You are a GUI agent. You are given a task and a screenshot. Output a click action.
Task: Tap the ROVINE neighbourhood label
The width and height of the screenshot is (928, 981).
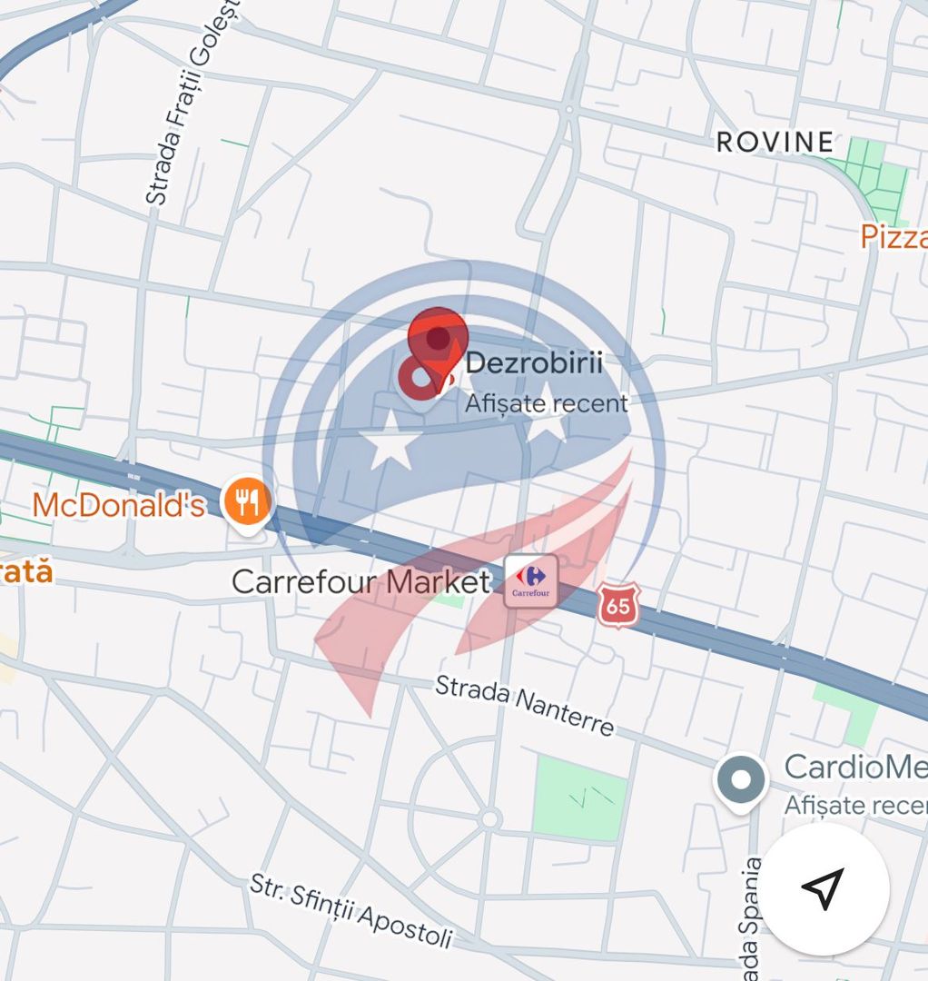(775, 142)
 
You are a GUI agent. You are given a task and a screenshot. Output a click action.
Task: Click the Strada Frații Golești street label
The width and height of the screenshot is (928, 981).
(191, 102)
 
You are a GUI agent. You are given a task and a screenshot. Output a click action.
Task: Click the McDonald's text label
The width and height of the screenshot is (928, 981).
(119, 505)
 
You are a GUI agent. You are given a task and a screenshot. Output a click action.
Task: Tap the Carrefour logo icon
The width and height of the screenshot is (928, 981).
(531, 580)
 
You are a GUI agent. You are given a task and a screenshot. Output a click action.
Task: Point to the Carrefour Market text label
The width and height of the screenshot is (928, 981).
(361, 581)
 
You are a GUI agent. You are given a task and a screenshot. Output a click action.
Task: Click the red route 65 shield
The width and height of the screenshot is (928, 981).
(618, 606)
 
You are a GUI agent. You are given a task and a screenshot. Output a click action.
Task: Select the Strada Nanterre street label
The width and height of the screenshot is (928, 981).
(524, 705)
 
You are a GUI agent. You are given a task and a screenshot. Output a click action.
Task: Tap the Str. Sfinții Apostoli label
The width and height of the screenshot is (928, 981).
(350, 911)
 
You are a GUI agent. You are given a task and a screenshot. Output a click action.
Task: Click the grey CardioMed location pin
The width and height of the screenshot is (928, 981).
(741, 779)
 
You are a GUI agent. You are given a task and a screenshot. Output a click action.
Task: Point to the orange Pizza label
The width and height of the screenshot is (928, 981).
(894, 237)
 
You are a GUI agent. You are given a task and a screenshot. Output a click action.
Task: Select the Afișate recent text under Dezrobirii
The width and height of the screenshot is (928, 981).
(547, 403)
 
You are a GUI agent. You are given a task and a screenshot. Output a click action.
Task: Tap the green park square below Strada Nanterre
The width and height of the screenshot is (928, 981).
(579, 797)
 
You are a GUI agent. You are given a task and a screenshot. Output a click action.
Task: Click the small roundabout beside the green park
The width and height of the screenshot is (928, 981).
(490, 819)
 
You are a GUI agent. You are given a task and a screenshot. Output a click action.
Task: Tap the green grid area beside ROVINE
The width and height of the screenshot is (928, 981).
(873, 180)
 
